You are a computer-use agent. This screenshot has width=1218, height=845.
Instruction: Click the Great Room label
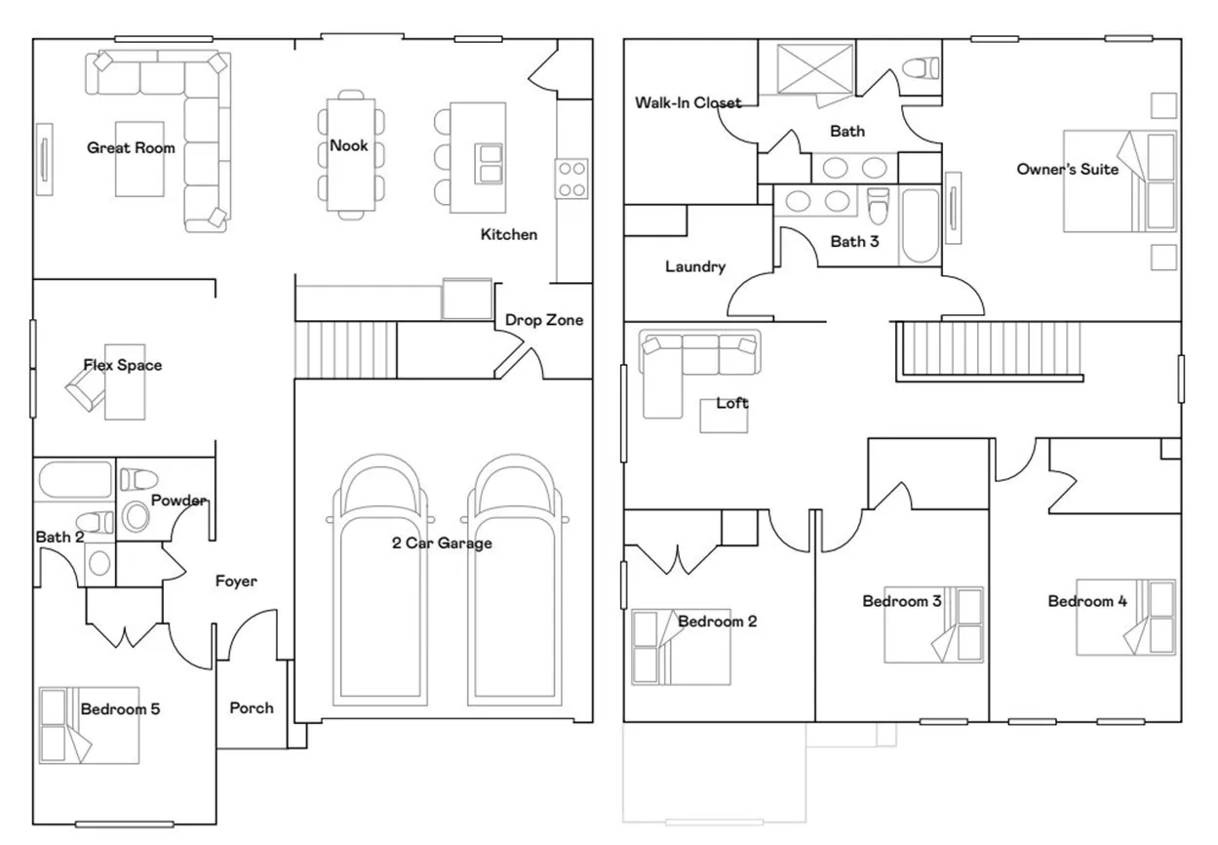131,148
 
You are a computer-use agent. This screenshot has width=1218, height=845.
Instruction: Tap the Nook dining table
351,154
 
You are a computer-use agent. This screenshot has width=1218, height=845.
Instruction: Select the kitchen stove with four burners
571,179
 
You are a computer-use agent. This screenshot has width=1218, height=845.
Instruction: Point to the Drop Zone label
544,320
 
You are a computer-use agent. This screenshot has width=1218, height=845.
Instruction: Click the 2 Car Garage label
442,543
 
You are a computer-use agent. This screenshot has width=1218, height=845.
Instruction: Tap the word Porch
252,707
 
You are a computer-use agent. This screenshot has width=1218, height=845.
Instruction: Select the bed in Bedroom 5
89,725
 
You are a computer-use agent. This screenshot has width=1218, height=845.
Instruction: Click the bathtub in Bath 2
75,479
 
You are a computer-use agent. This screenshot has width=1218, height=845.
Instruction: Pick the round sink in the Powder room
136,516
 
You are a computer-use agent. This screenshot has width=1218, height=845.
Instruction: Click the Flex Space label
123,365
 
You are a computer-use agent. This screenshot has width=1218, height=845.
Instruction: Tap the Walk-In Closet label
688,102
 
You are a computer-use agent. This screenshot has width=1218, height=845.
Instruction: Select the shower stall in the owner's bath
815,69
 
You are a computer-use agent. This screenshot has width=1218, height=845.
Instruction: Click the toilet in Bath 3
878,206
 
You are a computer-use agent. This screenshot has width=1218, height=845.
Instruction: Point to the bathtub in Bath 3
921,225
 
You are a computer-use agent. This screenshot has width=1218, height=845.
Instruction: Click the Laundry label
695,266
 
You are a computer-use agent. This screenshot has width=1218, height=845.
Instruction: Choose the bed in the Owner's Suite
1120,181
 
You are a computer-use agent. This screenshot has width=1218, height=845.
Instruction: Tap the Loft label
732,403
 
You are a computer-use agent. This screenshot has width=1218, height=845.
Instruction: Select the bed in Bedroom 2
681,647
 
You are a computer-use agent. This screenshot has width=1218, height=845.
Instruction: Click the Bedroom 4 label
1087,601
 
